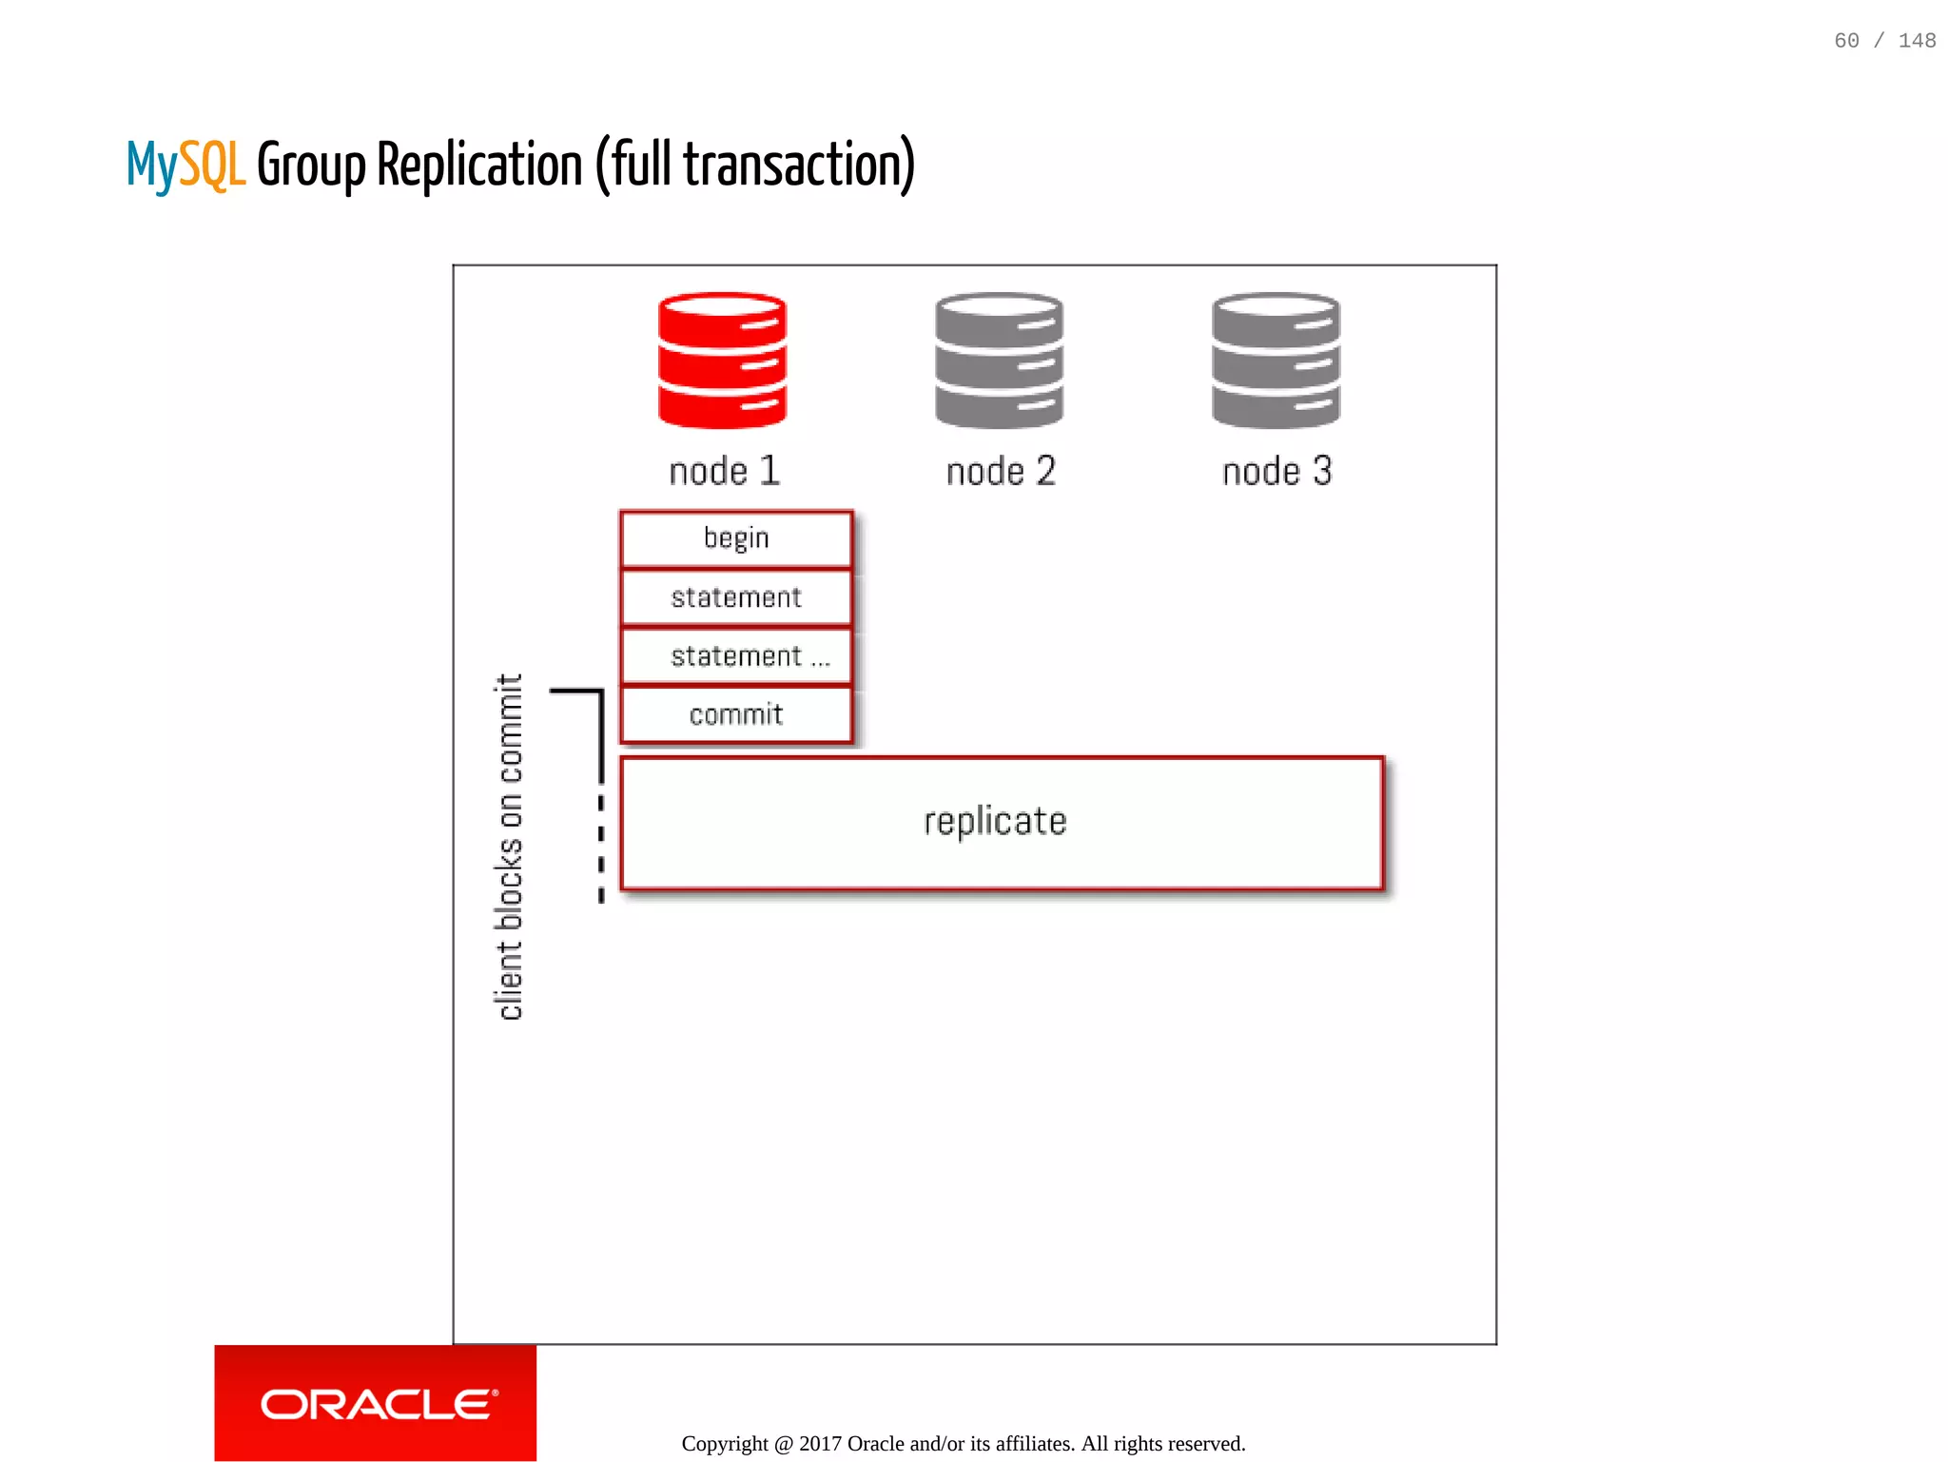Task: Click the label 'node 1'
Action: tap(725, 471)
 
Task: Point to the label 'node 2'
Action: tap(1001, 471)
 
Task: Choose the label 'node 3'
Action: tap(1276, 471)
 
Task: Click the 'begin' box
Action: tap(735, 538)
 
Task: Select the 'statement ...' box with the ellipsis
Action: tap(737, 656)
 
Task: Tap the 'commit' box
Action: tap(735, 714)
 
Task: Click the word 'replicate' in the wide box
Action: tap(995, 822)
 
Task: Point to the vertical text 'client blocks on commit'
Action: tap(510, 847)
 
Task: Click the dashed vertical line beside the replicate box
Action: tap(601, 847)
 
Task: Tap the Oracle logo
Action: tap(377, 1404)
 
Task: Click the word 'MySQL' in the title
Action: tap(185, 166)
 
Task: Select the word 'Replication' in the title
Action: tap(479, 166)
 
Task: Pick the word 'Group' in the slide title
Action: tap(311, 166)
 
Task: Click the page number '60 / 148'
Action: tap(1884, 41)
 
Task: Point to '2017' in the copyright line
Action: tap(820, 1443)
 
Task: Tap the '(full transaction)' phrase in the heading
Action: tap(755, 166)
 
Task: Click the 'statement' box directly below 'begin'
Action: tap(735, 597)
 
